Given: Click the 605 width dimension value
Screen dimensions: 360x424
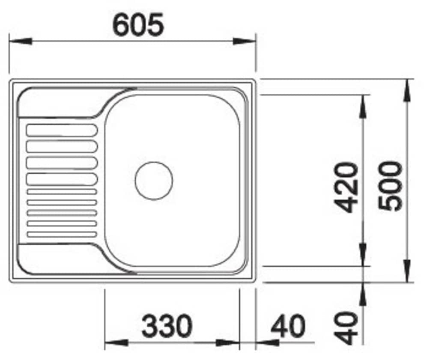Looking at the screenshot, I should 138,25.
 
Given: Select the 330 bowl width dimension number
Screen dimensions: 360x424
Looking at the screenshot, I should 167,326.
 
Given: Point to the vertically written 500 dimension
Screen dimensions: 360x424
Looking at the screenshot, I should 390,185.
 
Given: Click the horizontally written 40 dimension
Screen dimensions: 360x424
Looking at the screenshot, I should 288,326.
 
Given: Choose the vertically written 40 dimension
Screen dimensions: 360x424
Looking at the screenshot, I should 346,328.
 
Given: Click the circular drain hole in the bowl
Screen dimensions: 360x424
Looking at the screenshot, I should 154,180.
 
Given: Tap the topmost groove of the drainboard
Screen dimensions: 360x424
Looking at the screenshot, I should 62,130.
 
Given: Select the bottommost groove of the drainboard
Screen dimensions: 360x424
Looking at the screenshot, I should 62,234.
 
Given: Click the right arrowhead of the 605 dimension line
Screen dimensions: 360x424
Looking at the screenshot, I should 244,42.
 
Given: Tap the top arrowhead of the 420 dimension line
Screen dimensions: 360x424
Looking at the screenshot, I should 363,106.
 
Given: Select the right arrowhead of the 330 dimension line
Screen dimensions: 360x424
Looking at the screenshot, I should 227,343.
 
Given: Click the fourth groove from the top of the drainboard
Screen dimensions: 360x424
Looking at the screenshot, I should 62,179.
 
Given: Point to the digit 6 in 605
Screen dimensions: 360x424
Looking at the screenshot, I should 121,25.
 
